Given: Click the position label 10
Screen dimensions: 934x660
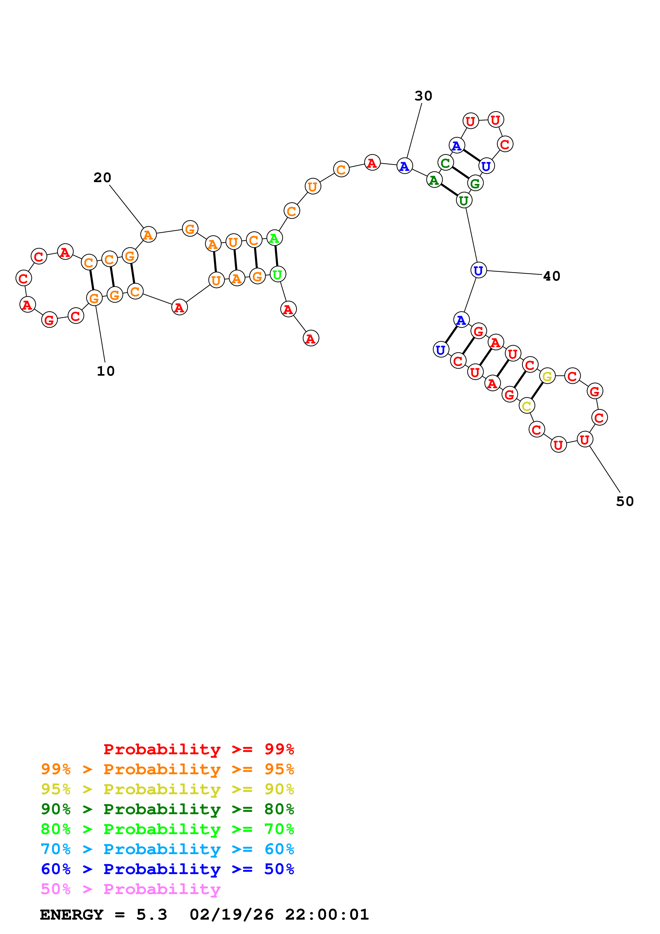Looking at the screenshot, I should click(106, 371).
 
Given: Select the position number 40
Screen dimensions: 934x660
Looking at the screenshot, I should click(552, 276).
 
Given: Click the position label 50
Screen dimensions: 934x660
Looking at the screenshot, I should click(625, 501).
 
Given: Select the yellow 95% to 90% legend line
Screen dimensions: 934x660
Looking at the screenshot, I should click(167, 789).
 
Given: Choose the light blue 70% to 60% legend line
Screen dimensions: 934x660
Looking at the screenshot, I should click(167, 849).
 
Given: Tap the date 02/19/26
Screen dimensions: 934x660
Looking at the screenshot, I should click(231, 915).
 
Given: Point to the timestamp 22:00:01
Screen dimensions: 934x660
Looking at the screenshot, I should click(327, 915).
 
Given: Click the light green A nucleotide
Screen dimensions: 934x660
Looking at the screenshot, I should click(274, 238).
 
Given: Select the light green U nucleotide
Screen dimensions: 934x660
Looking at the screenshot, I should click(278, 275).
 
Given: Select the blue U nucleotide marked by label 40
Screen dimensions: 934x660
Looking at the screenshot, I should click(479, 270).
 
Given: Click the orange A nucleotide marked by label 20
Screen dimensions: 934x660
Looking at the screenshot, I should click(149, 235).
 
